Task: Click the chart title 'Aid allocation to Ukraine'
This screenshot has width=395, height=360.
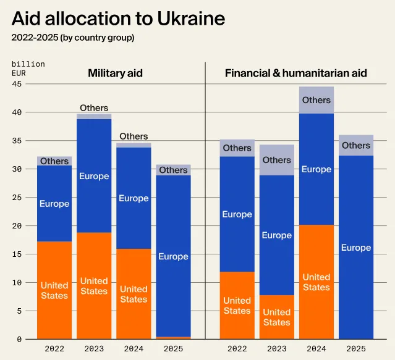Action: (x=118, y=19)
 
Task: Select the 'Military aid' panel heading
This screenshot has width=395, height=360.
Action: (x=115, y=73)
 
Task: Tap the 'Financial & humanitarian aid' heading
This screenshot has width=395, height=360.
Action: (x=295, y=73)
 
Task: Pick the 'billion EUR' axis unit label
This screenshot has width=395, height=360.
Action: (x=28, y=69)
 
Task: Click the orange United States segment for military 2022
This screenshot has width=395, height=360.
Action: (x=54, y=290)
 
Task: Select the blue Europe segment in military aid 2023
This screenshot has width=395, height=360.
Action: (x=94, y=176)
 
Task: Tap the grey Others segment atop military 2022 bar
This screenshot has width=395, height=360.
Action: (x=54, y=161)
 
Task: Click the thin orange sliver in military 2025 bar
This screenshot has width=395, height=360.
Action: (x=173, y=338)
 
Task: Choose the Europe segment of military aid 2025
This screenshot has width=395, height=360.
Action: (x=173, y=256)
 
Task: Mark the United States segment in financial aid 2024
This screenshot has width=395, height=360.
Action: (x=316, y=282)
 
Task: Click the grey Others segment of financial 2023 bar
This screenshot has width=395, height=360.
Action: (x=277, y=160)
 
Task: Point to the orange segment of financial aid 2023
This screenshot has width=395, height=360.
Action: (x=277, y=317)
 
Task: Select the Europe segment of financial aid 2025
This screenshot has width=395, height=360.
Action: (x=356, y=248)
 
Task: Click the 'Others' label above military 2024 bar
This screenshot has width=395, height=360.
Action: (x=134, y=136)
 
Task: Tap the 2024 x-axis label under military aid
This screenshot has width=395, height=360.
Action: (x=134, y=349)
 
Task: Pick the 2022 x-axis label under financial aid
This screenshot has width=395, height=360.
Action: (x=237, y=349)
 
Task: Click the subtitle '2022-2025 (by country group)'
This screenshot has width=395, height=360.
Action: (x=73, y=38)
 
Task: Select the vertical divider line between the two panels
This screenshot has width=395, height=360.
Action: (x=205, y=204)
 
